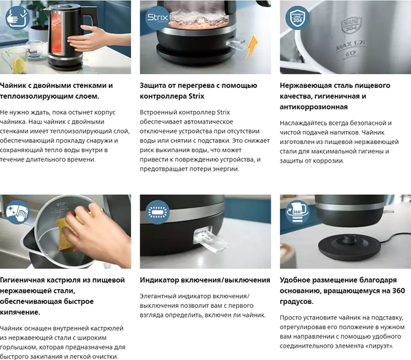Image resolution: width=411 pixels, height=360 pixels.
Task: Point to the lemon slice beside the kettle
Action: pyautogui.click(x=14, y=63)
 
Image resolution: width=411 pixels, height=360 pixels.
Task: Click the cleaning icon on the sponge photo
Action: pyautogui.click(x=14, y=209)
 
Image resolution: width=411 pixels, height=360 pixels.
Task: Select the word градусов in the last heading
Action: pyautogui.click(x=297, y=302)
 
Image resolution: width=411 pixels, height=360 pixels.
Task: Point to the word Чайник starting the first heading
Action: pyautogui.click(x=16, y=86)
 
